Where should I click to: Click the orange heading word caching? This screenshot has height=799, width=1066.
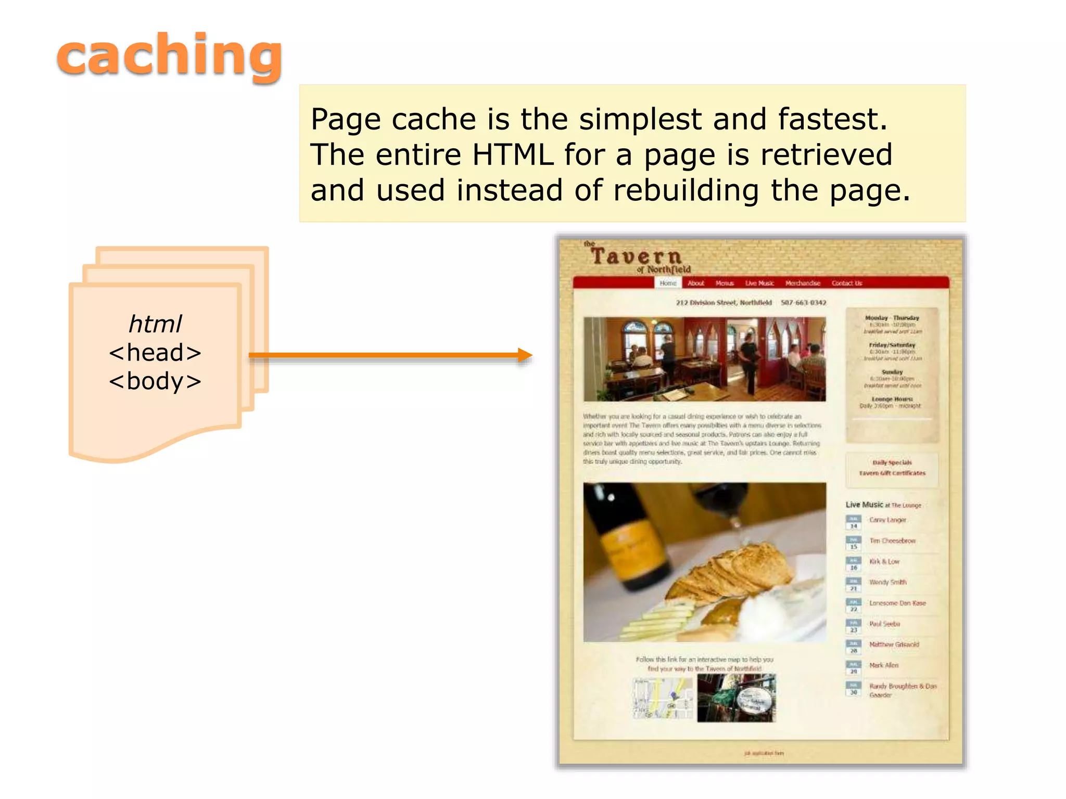pyautogui.click(x=170, y=56)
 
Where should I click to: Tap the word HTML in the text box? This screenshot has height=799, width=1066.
pyautogui.click(x=513, y=155)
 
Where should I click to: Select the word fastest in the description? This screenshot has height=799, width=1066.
pyautogui.click(x=832, y=119)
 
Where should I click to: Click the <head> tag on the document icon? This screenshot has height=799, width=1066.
pyautogui.click(x=155, y=353)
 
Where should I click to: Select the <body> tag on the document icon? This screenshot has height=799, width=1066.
pyautogui.click(x=155, y=381)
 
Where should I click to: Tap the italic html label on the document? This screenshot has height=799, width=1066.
pyautogui.click(x=155, y=324)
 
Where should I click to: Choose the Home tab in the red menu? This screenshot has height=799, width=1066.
pyautogui.click(x=668, y=283)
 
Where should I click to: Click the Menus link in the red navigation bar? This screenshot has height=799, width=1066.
pyautogui.click(x=725, y=283)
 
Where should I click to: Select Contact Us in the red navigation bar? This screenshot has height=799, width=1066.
pyautogui.click(x=847, y=283)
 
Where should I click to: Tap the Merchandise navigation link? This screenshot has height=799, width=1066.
pyautogui.click(x=803, y=283)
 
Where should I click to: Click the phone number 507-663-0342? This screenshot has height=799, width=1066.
pyautogui.click(x=803, y=302)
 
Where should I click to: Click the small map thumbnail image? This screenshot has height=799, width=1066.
pyautogui.click(x=663, y=698)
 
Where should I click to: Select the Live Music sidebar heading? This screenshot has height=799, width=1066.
pyautogui.click(x=864, y=505)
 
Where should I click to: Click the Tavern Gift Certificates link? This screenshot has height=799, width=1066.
pyautogui.click(x=892, y=473)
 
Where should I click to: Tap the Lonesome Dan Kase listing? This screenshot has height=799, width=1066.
pyautogui.click(x=897, y=603)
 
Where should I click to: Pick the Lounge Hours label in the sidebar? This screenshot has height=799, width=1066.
pyautogui.click(x=892, y=399)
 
